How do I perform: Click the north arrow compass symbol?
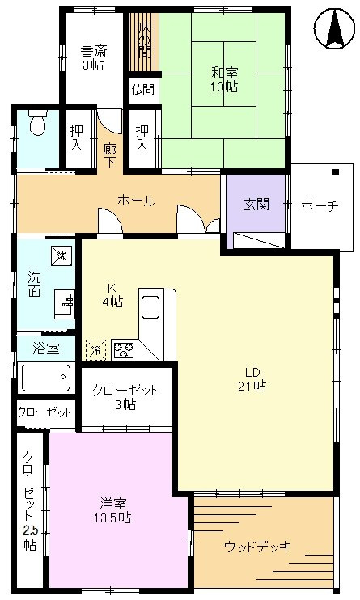[x=333, y=28]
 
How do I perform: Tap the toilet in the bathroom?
[x=38, y=121]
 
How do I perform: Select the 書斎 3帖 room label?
[x=94, y=57]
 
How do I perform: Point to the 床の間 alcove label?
[x=144, y=40]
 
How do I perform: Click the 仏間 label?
[x=143, y=90]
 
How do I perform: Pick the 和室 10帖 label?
[x=224, y=79]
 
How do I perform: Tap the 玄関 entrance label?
[x=256, y=205]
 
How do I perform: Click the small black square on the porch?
[x=336, y=171]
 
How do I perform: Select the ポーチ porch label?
[x=320, y=205]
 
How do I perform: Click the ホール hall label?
[x=137, y=201]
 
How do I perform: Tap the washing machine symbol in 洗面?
[x=61, y=256]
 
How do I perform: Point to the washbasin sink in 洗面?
[x=65, y=304]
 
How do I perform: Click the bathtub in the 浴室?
[x=46, y=378]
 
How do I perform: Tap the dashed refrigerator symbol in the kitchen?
[x=96, y=350]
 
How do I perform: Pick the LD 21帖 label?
[x=252, y=378]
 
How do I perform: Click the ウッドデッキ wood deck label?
[x=257, y=546]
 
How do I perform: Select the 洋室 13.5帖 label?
[x=112, y=511]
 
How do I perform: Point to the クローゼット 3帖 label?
[x=125, y=397]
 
